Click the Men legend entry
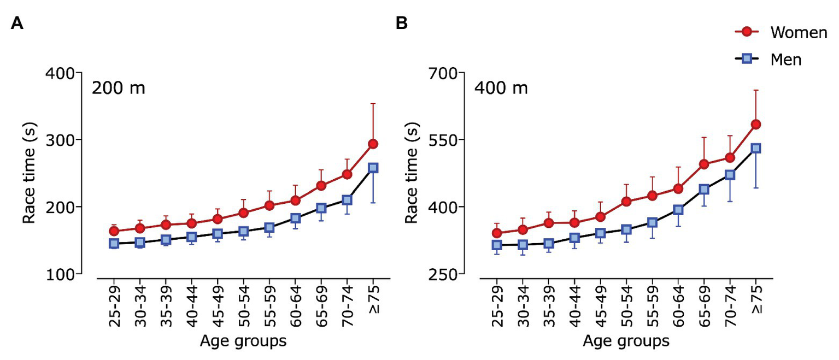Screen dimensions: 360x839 (785, 60)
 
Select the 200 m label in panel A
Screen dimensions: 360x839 (118, 88)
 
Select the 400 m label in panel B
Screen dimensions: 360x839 (501, 88)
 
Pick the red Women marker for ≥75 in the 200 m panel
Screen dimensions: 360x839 (373, 144)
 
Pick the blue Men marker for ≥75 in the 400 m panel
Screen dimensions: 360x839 (756, 148)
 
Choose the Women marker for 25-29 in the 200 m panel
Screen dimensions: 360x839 (114, 231)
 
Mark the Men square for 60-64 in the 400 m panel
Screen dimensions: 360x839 (678, 210)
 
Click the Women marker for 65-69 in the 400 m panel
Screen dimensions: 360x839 (704, 164)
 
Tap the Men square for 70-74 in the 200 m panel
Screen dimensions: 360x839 (347, 200)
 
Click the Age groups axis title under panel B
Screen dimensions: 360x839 (626, 342)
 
